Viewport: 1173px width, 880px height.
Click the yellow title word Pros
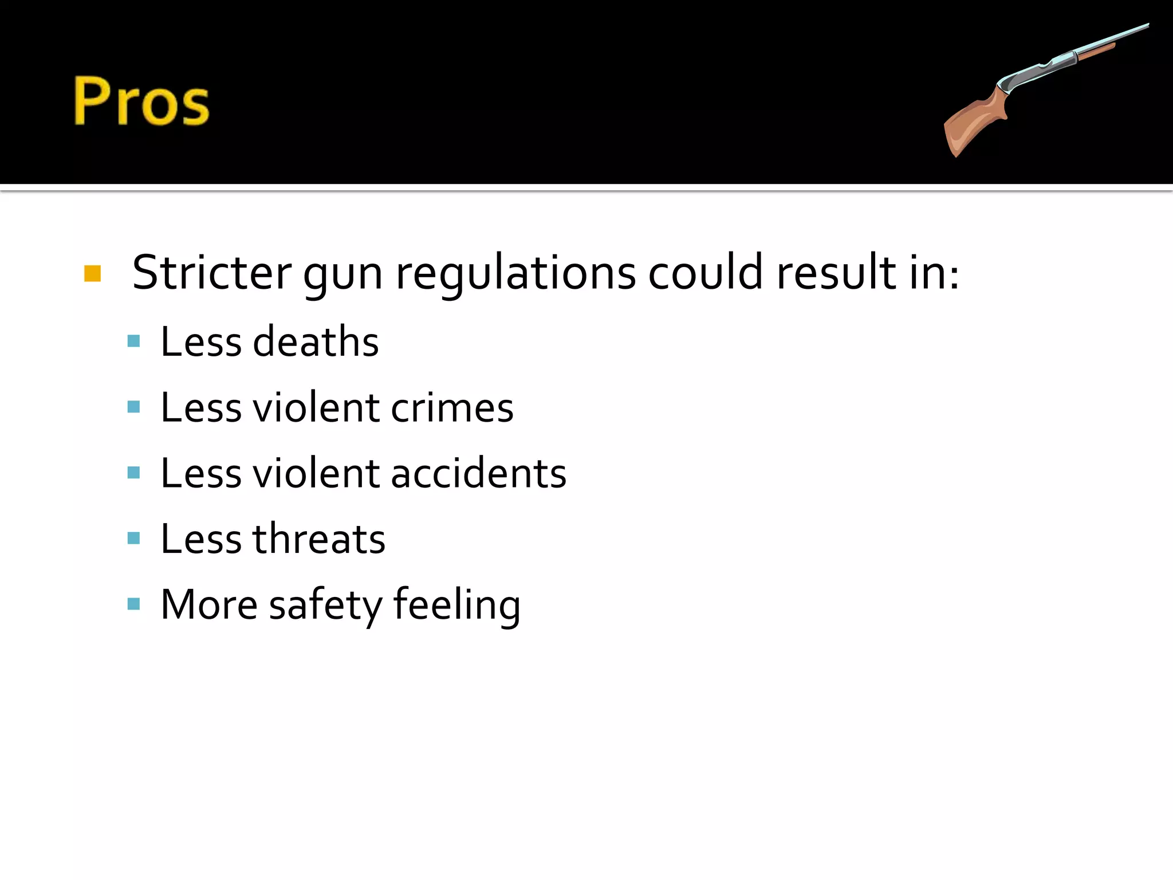coord(141,101)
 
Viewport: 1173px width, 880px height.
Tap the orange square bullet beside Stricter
coord(92,274)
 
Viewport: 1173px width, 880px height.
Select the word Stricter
coord(212,273)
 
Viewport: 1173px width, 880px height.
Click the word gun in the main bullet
coord(343,275)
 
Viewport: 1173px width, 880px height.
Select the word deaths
coord(316,342)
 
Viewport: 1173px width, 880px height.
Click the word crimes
coord(452,408)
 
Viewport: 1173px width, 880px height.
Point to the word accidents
coord(478,474)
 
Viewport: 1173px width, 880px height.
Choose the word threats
coord(319,540)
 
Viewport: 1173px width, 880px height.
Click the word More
coord(209,605)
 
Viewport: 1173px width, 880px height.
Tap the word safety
coord(325,607)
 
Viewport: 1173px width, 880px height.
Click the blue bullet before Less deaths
coord(134,341)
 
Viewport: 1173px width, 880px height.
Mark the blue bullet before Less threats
coord(134,539)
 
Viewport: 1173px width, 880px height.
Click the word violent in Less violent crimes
coord(316,408)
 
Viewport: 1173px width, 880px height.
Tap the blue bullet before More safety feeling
coord(134,604)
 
